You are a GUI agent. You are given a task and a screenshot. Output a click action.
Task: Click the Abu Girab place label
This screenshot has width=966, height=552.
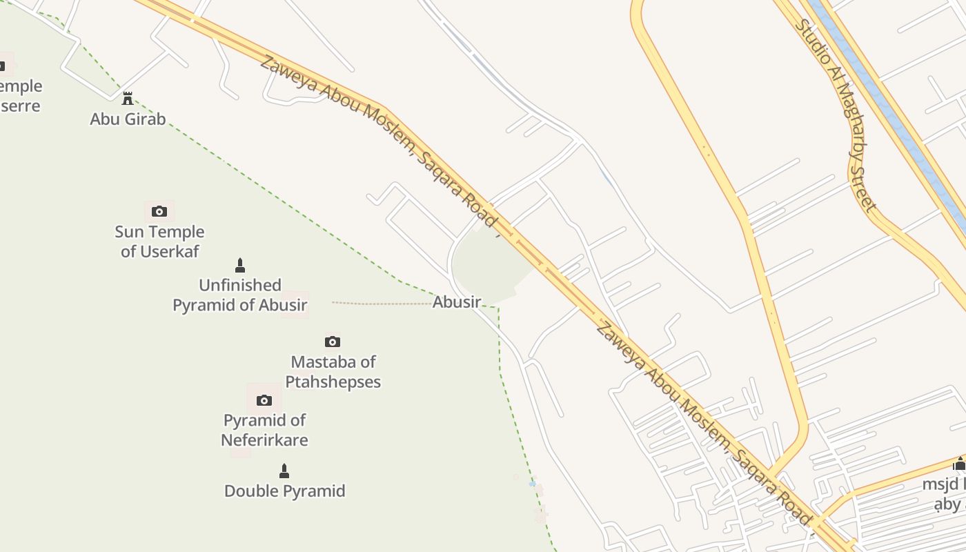[128, 119]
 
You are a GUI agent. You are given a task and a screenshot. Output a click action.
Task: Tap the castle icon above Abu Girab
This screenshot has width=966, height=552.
[128, 99]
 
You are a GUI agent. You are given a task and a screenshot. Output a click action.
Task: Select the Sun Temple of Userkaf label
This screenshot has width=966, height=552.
[159, 241]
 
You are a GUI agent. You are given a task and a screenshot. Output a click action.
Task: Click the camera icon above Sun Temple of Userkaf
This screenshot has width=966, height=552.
[159, 211]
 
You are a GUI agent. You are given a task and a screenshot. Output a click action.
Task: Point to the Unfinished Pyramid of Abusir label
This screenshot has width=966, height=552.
[239, 295]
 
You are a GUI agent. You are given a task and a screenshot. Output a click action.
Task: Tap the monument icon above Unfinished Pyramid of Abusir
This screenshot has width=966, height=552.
[240, 265]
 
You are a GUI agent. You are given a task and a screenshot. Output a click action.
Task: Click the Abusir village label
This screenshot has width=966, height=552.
[456, 302]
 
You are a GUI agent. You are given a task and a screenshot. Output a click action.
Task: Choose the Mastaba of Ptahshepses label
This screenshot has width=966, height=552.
[333, 371]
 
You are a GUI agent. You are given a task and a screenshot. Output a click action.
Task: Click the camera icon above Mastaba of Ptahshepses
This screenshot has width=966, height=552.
[333, 342]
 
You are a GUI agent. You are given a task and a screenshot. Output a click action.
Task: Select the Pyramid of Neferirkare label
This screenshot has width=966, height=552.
[264, 430]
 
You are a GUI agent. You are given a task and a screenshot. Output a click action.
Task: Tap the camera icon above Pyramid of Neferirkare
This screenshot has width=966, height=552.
[264, 400]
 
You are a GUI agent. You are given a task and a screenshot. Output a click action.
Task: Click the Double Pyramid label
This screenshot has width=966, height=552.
[284, 491]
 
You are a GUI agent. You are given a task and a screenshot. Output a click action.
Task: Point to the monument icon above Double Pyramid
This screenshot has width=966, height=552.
[284, 471]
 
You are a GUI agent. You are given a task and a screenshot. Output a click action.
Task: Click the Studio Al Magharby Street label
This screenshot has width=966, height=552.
[835, 114]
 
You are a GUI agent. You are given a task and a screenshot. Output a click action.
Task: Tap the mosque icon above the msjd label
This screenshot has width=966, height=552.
[960, 463]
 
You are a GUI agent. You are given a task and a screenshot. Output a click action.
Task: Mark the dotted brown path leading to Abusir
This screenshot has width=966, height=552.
[379, 303]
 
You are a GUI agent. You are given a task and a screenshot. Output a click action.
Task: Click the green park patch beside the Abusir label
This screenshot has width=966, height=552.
[490, 262]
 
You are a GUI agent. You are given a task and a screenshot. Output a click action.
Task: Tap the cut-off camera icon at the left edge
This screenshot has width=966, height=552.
[2, 66]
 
